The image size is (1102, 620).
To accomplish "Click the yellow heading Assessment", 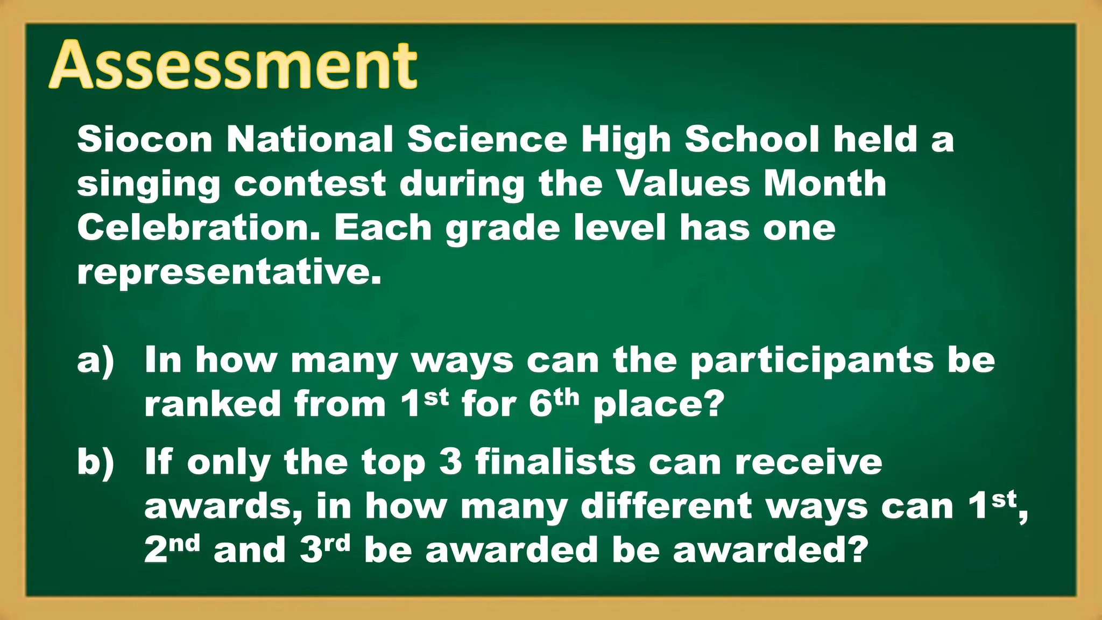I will pyautogui.click(x=233, y=66).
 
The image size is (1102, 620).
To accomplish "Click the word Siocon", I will pyautogui.click(x=145, y=139).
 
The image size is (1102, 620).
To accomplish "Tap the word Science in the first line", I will pyautogui.click(x=487, y=139).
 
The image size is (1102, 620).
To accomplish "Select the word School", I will pyautogui.click(x=752, y=139).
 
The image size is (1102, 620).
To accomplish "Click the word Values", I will pyautogui.click(x=682, y=184).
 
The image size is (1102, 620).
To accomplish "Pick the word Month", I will pyautogui.click(x=825, y=184).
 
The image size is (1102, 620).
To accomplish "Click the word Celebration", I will pyautogui.click(x=199, y=228).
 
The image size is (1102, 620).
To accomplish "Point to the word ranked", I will pyautogui.click(x=212, y=404).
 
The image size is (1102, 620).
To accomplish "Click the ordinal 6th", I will pyautogui.click(x=554, y=403).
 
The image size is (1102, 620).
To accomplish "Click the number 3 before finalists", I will pyautogui.click(x=450, y=462).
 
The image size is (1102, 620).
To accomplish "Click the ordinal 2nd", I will pyautogui.click(x=172, y=549).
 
